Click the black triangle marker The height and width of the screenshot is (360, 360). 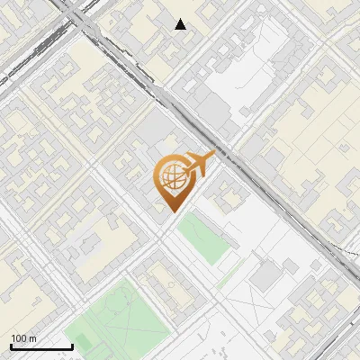(181, 24)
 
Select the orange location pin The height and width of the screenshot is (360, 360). (175, 180)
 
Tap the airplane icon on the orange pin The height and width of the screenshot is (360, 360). (198, 165)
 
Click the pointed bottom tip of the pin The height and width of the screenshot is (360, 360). (173, 211)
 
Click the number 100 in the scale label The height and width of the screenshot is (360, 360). (18, 338)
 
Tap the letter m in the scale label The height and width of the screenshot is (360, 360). (32, 338)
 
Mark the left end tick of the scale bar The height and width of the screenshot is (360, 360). (10, 346)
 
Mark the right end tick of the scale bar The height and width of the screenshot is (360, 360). (72, 346)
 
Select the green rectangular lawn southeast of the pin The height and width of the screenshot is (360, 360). (202, 237)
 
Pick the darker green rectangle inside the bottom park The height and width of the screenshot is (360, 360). (83, 341)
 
